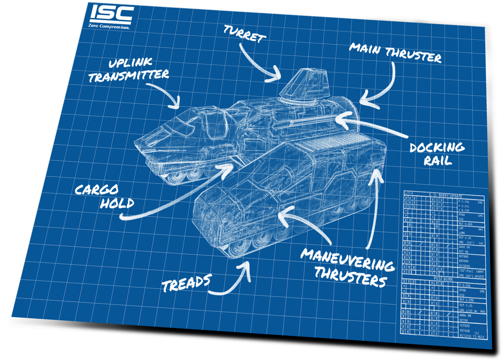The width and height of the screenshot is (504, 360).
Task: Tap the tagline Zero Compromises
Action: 109,26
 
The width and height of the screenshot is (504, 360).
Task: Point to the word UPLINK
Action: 130,63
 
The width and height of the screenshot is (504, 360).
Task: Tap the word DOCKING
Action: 437,148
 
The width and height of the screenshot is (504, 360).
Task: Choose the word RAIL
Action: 438,161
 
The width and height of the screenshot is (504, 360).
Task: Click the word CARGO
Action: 97,190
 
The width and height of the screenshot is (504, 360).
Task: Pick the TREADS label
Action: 186,283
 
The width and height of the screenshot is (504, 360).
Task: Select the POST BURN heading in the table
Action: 443,279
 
